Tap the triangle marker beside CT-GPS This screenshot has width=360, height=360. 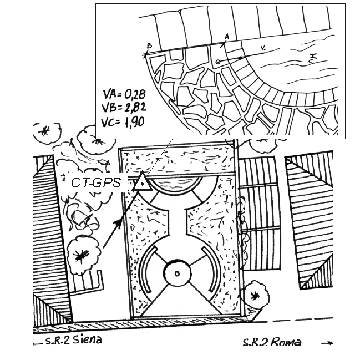coord(142,182)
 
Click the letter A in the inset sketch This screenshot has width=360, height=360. coord(226,36)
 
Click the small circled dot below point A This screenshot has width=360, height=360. coord(218,61)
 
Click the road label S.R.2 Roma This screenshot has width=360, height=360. coord(272,342)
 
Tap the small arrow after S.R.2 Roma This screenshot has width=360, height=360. coord(327,343)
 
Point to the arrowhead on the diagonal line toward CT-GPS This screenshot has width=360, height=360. coord(118,222)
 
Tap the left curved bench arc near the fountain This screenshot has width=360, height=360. coord(145,272)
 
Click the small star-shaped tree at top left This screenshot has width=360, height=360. coord(43,131)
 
